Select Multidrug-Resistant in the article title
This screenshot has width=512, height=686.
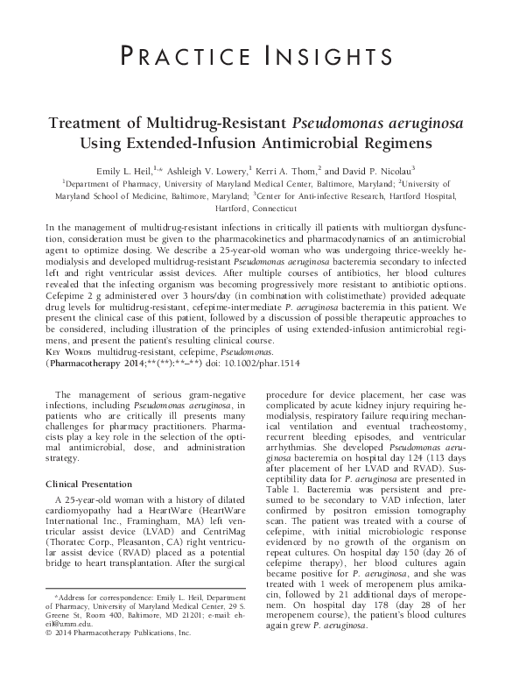205,122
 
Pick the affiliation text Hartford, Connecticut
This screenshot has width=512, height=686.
256,209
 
